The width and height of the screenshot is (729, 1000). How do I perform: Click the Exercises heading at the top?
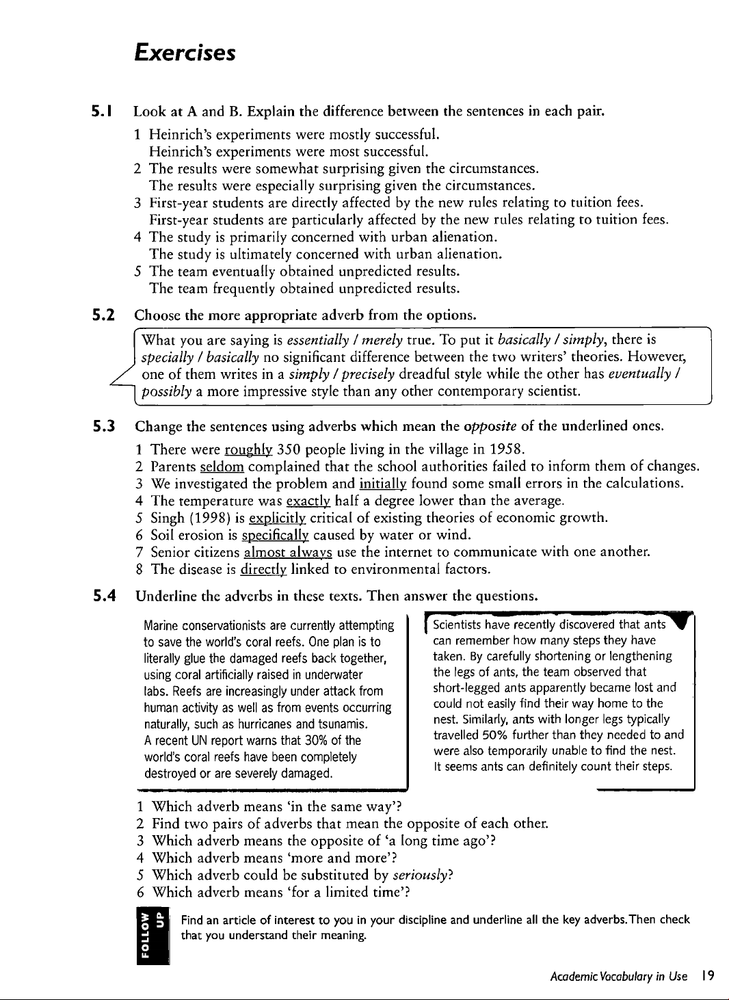[x=185, y=53]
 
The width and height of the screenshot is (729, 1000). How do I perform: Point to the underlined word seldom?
[x=222, y=466]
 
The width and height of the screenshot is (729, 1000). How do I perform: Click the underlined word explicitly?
[x=277, y=518]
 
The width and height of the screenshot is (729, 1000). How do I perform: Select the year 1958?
[x=507, y=449]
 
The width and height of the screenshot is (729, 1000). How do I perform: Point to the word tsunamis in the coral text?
[x=345, y=724]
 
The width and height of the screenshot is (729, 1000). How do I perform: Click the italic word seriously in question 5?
[x=422, y=875]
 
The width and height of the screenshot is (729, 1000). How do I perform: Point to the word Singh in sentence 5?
[x=168, y=518]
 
